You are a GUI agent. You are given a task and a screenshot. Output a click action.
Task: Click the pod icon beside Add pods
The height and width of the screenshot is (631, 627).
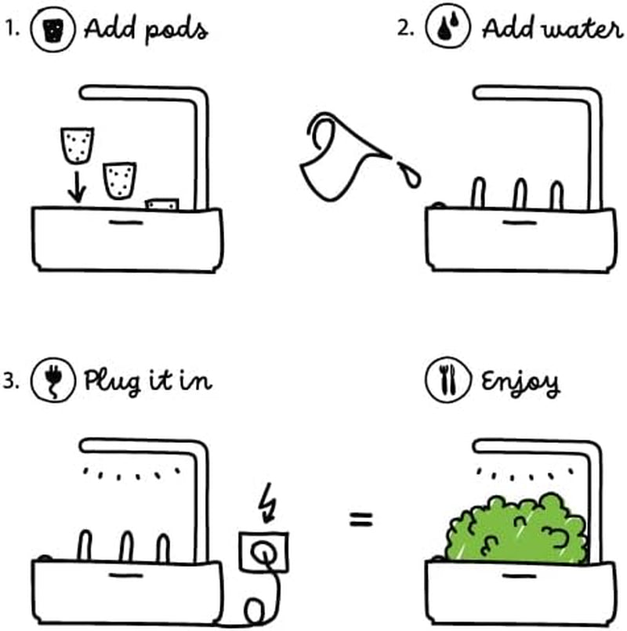tap(50, 30)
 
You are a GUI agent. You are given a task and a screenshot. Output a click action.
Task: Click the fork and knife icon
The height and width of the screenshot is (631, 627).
tap(444, 383)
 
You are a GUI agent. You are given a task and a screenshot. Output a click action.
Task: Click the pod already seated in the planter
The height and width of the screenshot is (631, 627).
tap(162, 204)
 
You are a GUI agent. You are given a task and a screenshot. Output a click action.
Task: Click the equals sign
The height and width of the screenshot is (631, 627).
tap(361, 519)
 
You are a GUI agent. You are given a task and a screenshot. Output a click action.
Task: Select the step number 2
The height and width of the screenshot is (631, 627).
tap(404, 31)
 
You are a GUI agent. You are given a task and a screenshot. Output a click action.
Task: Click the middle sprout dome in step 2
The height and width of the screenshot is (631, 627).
tap(519, 194)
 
